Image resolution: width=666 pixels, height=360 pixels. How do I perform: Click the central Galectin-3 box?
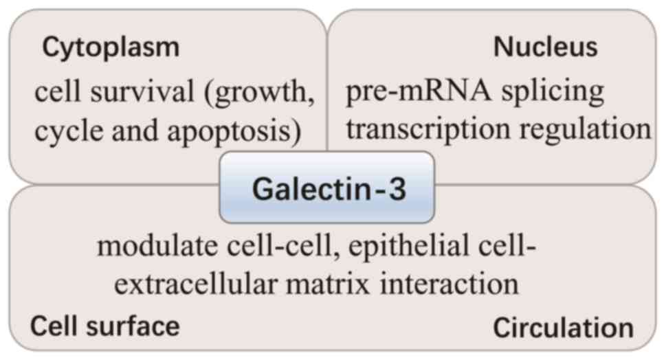327,188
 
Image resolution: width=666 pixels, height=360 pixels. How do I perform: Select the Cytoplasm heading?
111,47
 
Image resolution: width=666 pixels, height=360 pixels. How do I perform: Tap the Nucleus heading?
545,47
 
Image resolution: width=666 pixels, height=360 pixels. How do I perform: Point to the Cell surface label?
104,325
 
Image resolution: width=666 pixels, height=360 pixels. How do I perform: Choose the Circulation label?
564,328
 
